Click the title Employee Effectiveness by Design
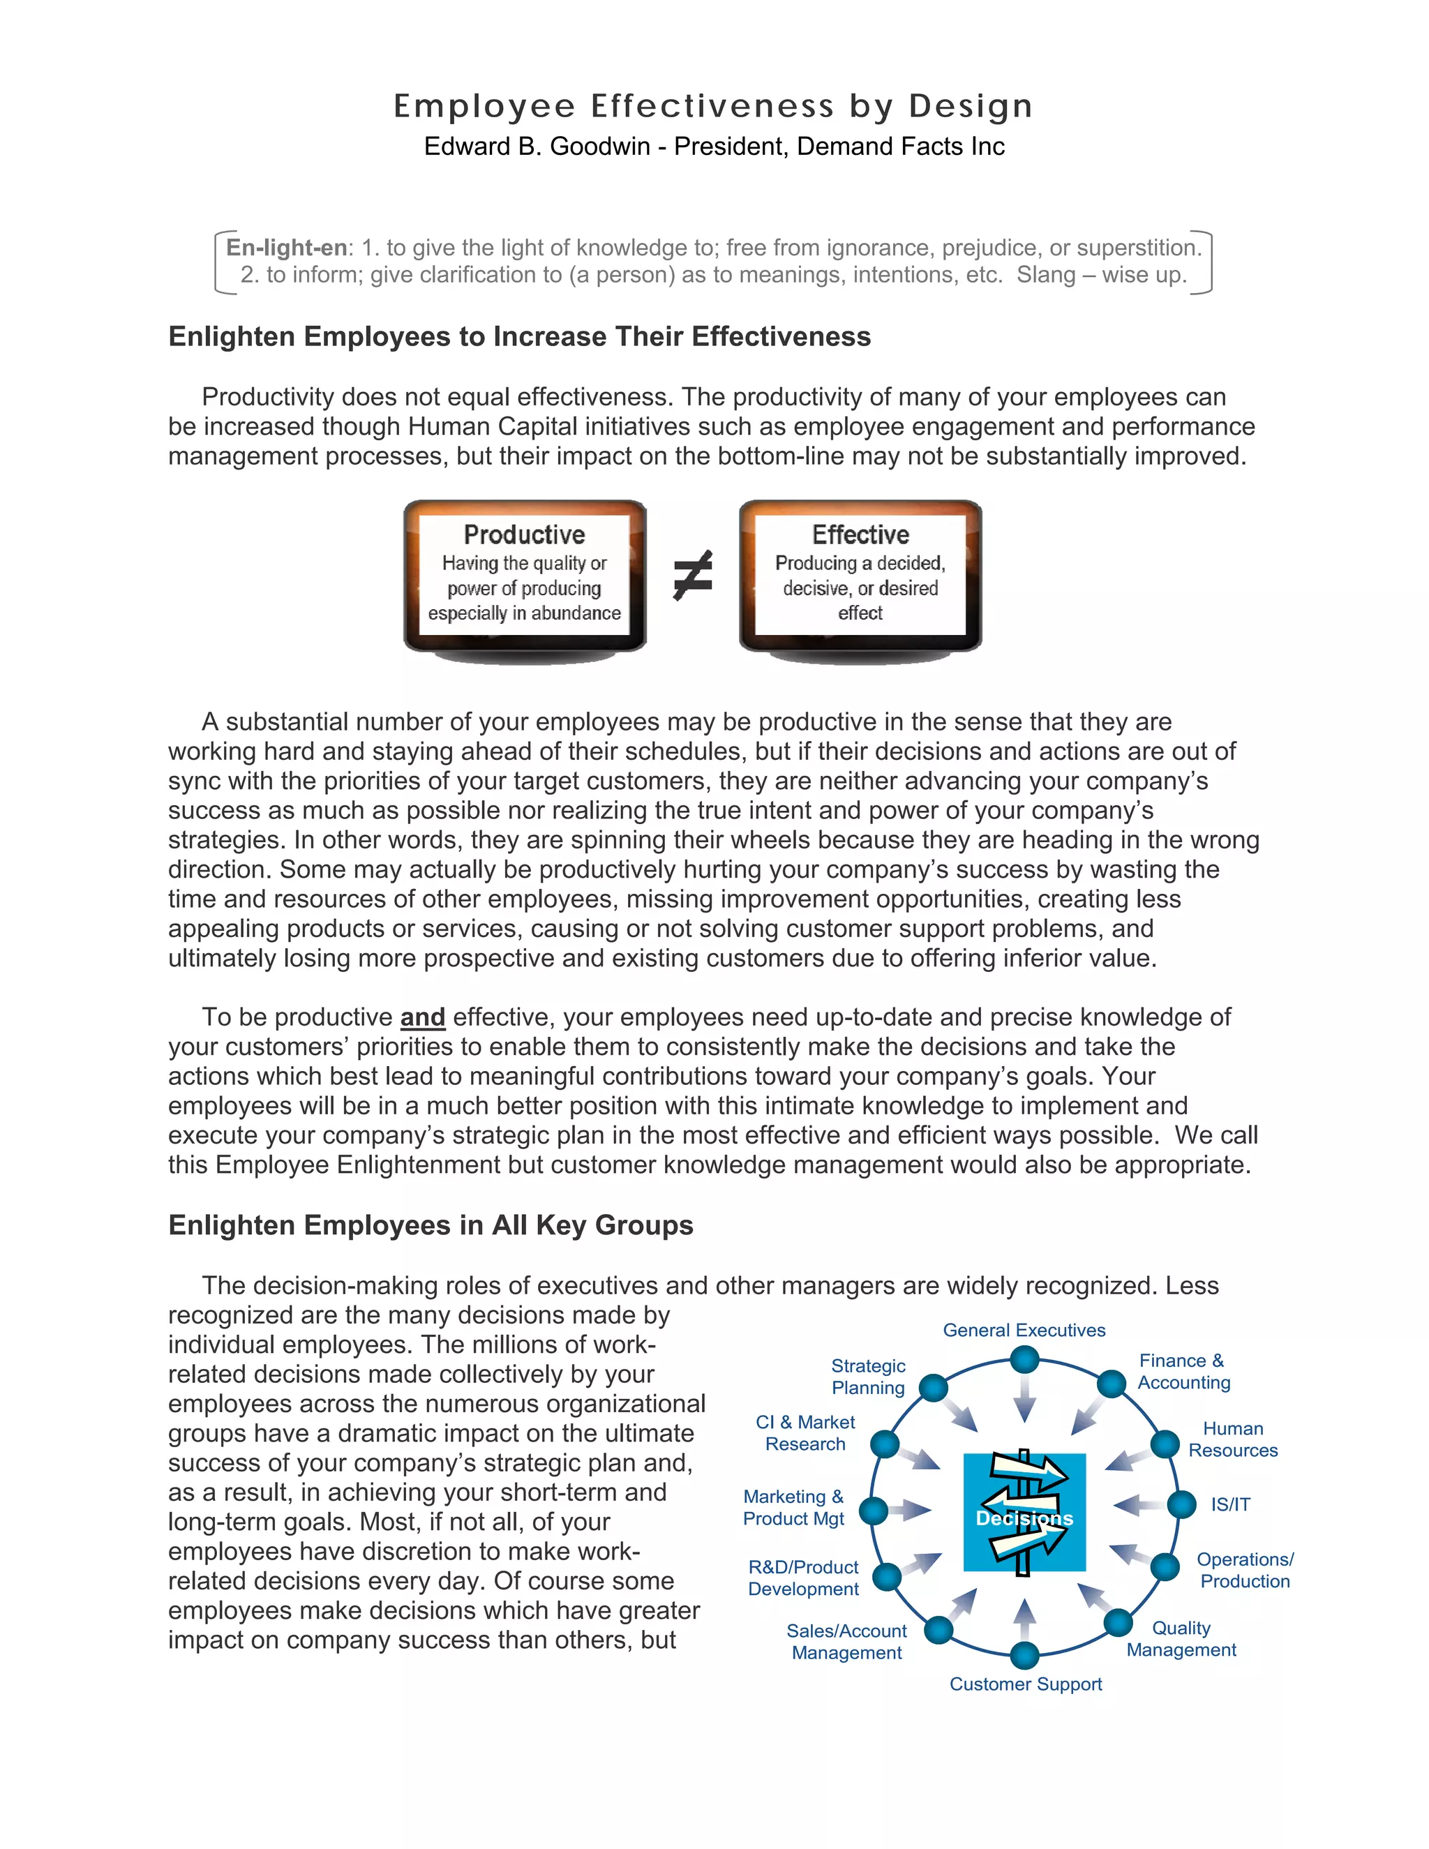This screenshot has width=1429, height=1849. pos(713,107)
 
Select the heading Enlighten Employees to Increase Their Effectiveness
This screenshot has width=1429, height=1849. pos(519,336)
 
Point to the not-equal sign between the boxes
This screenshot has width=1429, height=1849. pos(692,575)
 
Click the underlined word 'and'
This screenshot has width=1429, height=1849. pos(422,1017)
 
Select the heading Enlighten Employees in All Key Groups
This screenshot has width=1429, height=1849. pos(430,1225)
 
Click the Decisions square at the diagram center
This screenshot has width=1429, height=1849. pos(1024,1512)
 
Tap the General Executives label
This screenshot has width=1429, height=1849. pos(1024,1330)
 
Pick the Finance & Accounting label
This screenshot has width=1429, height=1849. pos(1183,1372)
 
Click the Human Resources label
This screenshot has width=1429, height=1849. pos(1233,1439)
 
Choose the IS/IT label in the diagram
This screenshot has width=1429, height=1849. pos(1229,1504)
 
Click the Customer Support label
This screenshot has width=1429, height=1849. pos(1025,1684)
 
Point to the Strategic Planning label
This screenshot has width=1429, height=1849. pos(868,1377)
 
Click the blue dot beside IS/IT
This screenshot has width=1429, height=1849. pos(1181,1504)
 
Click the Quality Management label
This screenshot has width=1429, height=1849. pos(1181,1639)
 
